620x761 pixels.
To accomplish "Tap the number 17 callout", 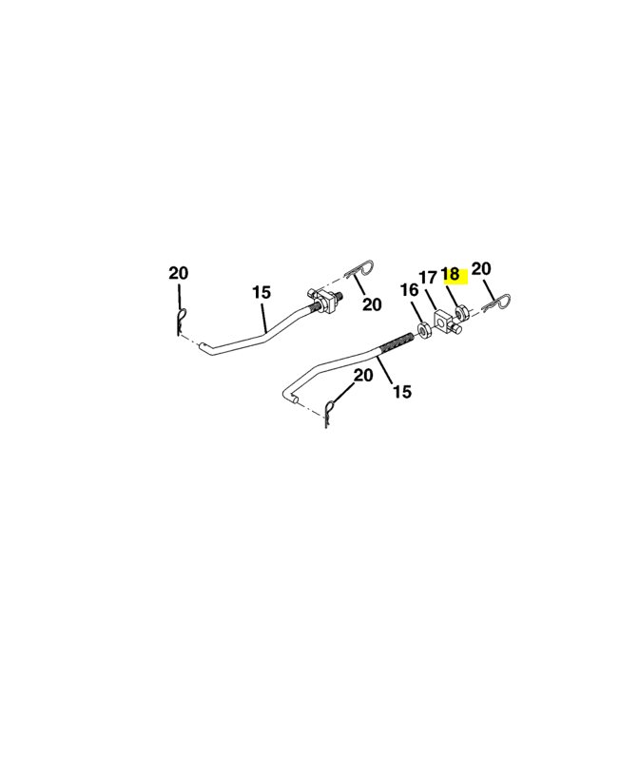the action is [428, 278].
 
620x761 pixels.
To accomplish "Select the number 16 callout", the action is [408, 290].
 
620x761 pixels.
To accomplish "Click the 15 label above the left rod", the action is [262, 292].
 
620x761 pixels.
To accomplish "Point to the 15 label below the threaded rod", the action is [401, 391].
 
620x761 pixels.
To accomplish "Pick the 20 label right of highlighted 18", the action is [481, 269].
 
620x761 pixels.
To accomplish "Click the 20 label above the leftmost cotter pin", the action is [179, 273].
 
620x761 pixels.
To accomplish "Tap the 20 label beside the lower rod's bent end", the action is [363, 376].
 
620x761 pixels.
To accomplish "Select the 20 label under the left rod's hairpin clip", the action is [371, 304].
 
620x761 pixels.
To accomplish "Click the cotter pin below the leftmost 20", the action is [180, 321].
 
